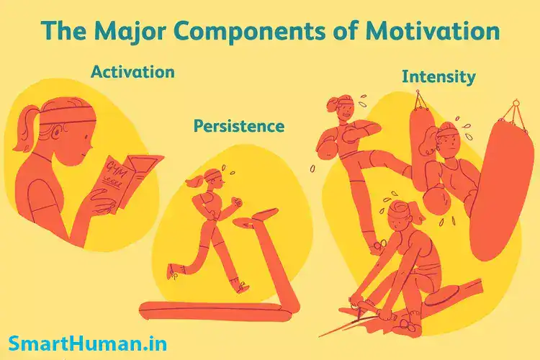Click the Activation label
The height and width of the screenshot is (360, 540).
(x=132, y=71)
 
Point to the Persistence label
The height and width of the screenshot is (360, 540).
(x=238, y=126)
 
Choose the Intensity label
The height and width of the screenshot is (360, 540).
(x=438, y=76)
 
